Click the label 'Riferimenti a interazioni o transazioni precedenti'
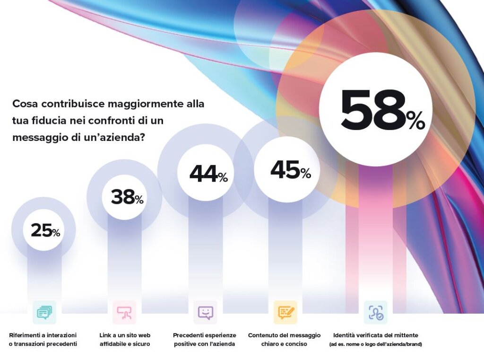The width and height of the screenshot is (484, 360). [x=43, y=339]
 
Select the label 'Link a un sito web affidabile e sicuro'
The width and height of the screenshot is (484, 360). [x=125, y=339]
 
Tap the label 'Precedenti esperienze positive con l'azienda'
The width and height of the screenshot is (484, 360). [x=205, y=339]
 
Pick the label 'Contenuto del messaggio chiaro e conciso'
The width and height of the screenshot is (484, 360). [x=284, y=339]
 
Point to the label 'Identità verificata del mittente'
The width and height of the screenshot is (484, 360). [x=375, y=335]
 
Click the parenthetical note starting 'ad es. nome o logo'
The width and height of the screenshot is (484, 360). [x=375, y=344]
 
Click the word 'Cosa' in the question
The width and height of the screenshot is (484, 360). [x=26, y=104]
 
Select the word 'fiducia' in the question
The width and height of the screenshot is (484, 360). [x=50, y=121]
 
